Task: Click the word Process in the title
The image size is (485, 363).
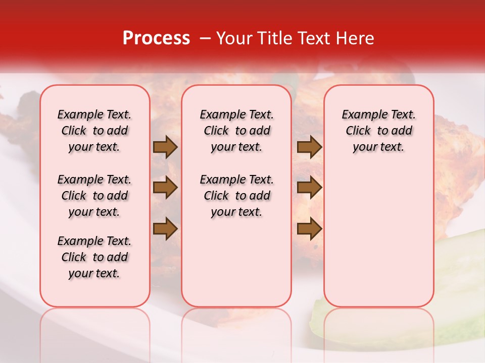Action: coord(156,38)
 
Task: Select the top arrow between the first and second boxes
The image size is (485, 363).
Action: coord(165,147)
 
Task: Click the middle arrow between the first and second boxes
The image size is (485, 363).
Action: coord(165,188)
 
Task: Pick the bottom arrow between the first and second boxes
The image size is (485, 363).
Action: coord(165,228)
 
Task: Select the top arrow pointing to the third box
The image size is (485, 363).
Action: coord(309,147)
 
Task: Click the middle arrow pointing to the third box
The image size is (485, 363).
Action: coord(309,188)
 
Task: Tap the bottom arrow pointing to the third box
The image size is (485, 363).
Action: coord(309,228)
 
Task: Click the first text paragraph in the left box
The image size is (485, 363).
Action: coord(94,131)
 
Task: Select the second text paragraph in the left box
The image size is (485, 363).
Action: coord(94,196)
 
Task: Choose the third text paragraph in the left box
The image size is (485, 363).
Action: coord(94,257)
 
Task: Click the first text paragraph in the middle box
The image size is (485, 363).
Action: coord(236,131)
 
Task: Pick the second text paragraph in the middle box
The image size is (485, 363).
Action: coord(236,196)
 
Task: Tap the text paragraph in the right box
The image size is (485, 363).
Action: coord(378,131)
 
